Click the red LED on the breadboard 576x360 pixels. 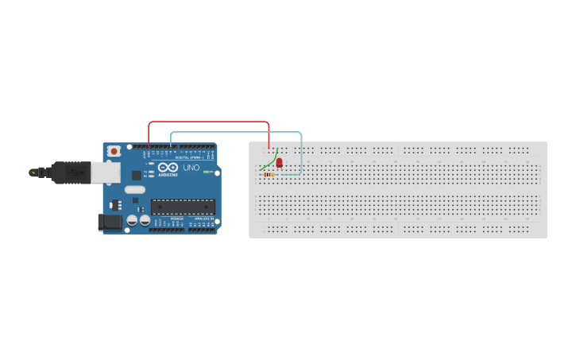click(279, 162)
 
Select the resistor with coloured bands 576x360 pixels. click(269, 175)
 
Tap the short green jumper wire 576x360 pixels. click(267, 165)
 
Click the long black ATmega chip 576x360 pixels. click(183, 207)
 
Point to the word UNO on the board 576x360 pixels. click(191, 168)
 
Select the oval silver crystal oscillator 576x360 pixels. click(133, 189)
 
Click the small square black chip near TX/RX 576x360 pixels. click(136, 175)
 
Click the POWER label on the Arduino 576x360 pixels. click(176, 219)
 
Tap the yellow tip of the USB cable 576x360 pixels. click(33, 172)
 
